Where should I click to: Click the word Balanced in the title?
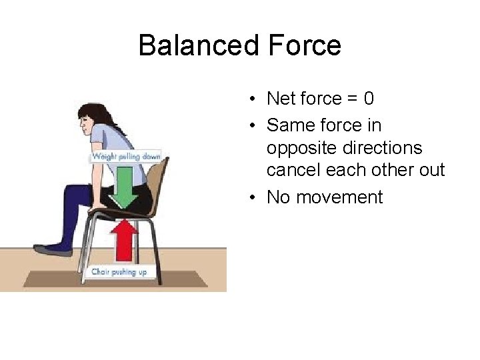click(193, 46)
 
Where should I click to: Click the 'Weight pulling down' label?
click(126, 157)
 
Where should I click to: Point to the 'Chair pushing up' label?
click(121, 272)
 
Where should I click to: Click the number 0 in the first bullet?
click(369, 99)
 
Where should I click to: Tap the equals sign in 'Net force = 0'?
click(351, 99)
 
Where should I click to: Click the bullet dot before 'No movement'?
click(255, 197)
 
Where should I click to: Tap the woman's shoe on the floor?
click(53, 249)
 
